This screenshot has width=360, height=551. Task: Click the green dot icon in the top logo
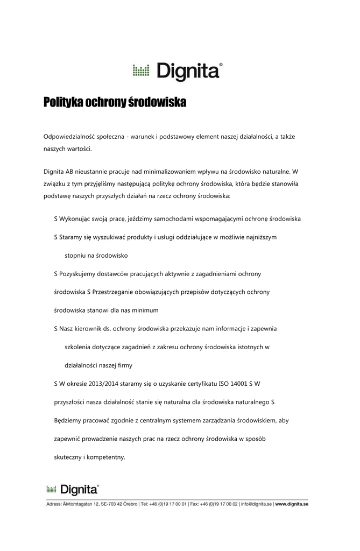(x=140, y=70)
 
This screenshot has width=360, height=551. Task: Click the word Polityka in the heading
(x=63, y=102)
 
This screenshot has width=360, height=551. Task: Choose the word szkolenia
(x=80, y=347)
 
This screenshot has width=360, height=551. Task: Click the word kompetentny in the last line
(x=107, y=457)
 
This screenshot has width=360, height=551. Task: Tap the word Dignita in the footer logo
(x=79, y=489)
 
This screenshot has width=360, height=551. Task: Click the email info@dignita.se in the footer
(x=256, y=504)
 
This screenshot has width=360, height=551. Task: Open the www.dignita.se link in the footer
(x=291, y=504)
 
